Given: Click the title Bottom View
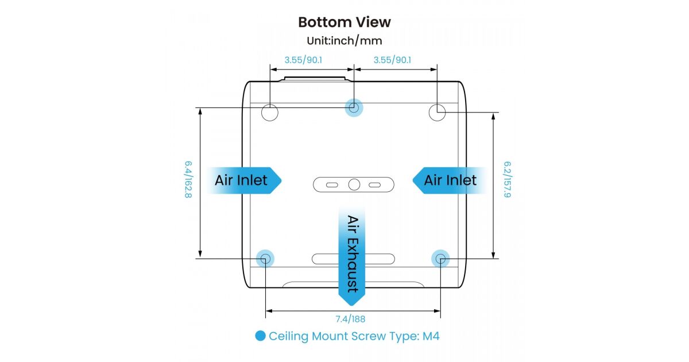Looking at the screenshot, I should [344, 22].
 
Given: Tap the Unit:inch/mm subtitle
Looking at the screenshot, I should [344, 41].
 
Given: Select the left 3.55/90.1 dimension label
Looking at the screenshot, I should [304, 60].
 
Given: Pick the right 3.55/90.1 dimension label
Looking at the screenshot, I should [392, 60].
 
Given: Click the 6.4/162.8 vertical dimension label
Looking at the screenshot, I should [188, 180].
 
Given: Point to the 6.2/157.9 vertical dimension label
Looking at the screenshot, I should [507, 180].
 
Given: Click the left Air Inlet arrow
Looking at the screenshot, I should [243, 180].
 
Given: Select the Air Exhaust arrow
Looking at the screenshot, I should [352, 253].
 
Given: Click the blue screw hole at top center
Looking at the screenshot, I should [354, 107].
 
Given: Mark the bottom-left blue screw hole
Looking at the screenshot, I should [265, 259].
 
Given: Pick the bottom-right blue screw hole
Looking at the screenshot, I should [440, 259].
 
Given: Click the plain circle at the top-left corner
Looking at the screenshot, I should [270, 113].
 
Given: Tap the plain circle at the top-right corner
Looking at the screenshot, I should [438, 113].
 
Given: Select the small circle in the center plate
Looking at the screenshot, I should [354, 184].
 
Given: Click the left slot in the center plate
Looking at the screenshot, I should [332, 185].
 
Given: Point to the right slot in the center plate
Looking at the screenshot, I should [375, 185].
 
